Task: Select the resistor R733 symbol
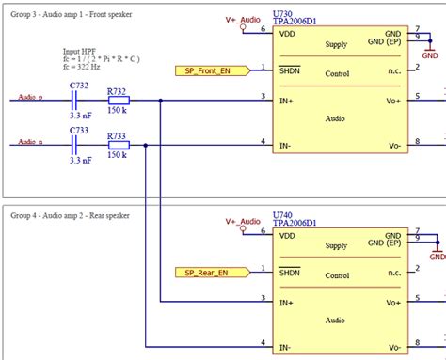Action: coord(118,143)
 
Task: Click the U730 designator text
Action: coord(281,14)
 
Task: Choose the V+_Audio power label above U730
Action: coord(243,19)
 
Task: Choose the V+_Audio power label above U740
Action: coord(243,221)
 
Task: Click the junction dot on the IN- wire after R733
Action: coord(145,143)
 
